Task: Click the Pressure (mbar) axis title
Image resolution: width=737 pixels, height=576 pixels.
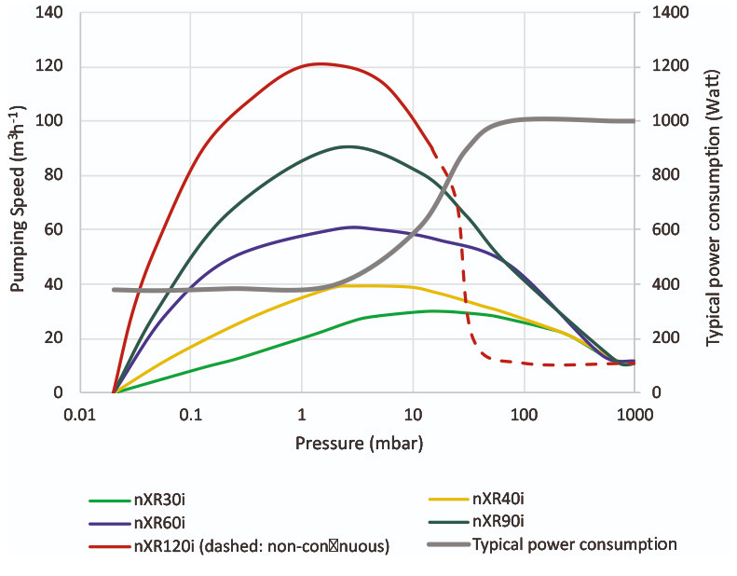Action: [359, 444]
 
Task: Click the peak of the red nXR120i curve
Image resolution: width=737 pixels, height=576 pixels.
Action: [320, 63]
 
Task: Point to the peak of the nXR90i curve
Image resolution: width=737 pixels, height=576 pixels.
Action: [348, 146]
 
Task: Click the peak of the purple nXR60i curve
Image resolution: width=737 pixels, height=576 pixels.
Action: [354, 226]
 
